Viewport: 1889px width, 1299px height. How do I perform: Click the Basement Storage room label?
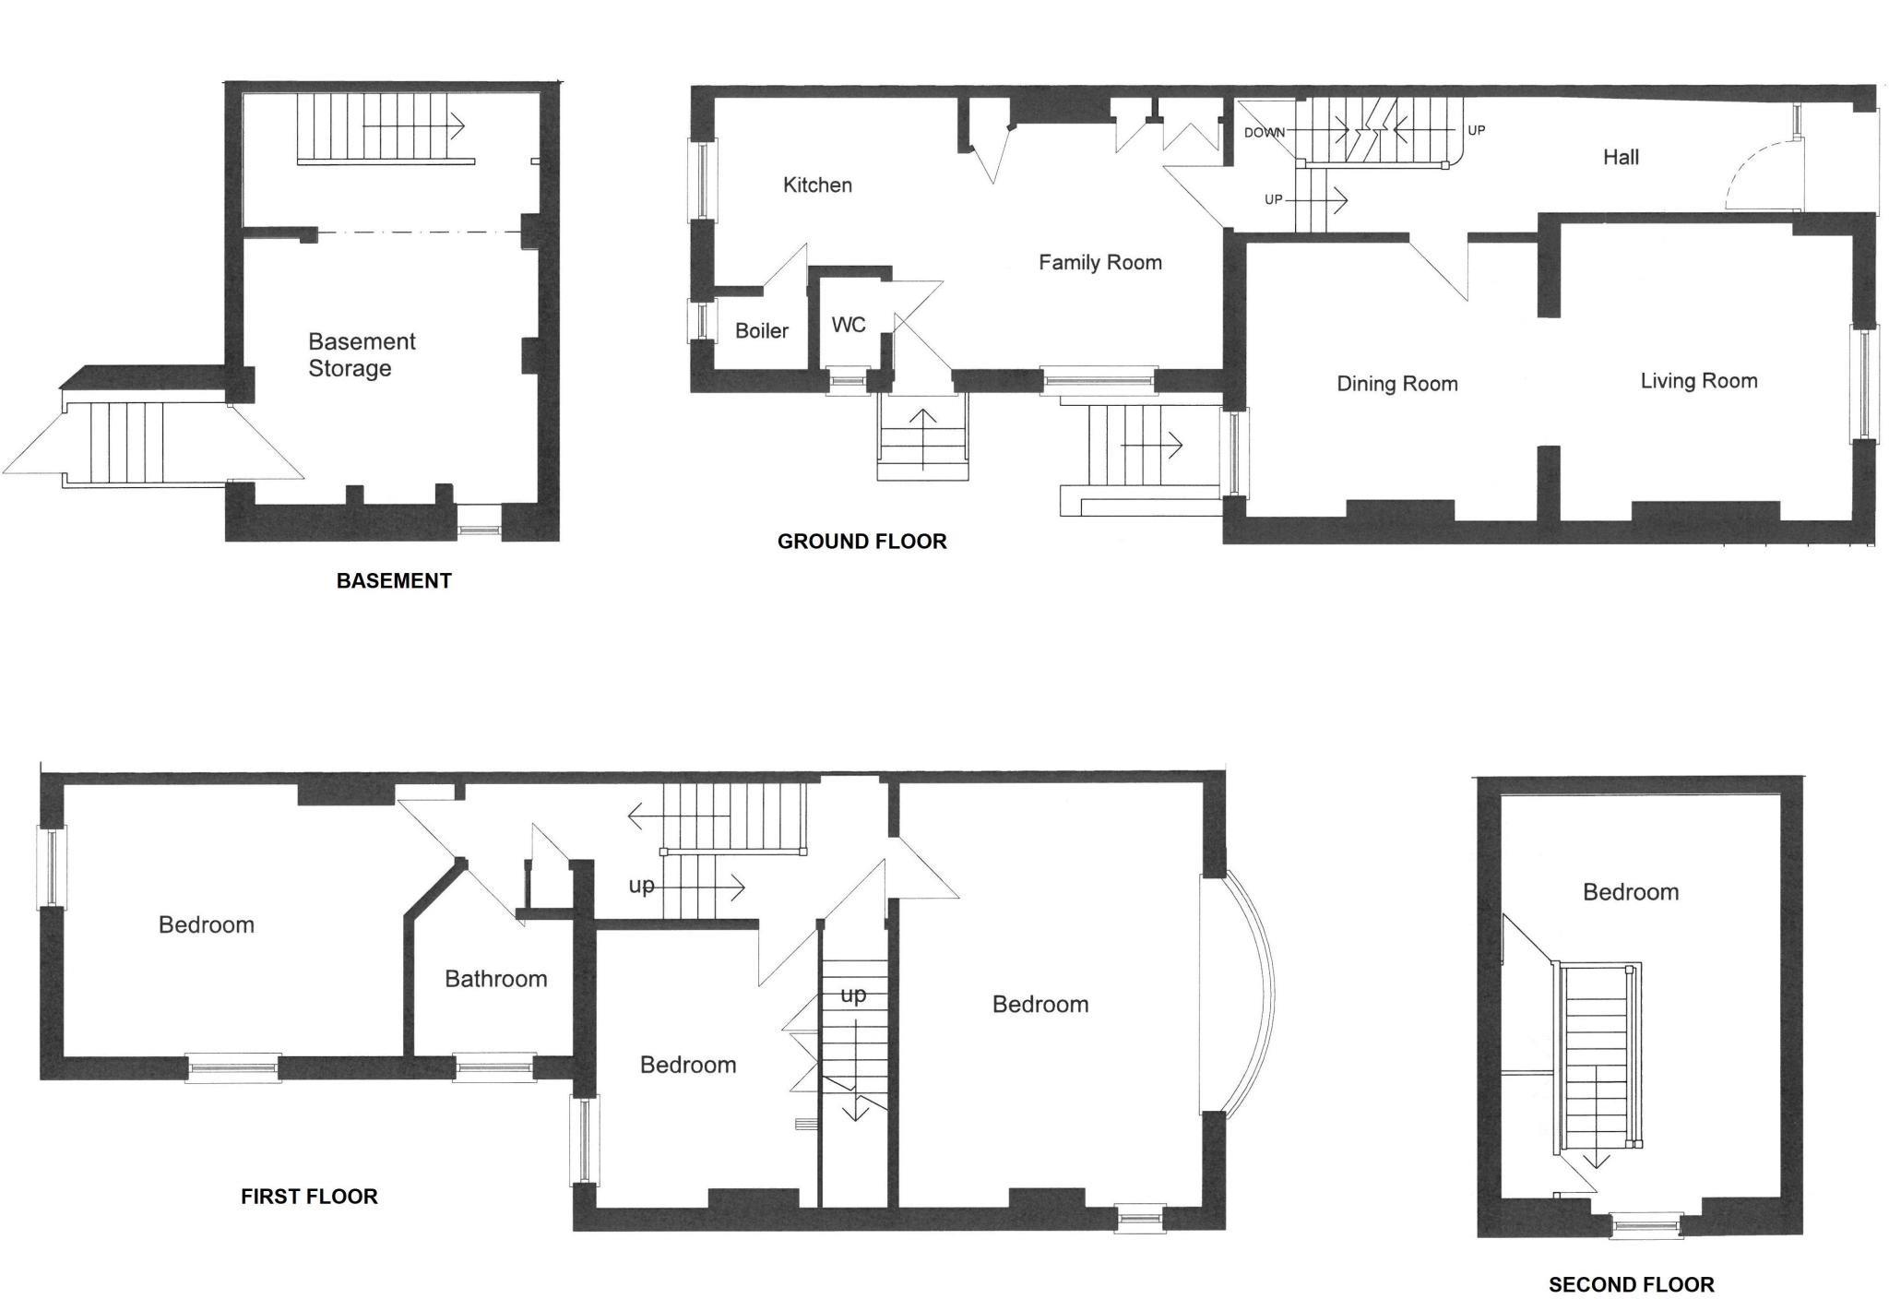(x=362, y=355)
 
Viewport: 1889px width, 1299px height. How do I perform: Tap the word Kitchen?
(x=817, y=185)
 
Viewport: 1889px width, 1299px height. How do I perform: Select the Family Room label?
(x=1100, y=263)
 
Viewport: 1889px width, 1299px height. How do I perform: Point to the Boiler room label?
(x=762, y=330)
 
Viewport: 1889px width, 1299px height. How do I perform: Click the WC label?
(x=849, y=325)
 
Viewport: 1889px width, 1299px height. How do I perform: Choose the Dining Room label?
(x=1397, y=384)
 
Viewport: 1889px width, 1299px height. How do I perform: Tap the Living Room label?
(x=1699, y=381)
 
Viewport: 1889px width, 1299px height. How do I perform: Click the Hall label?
(x=1621, y=158)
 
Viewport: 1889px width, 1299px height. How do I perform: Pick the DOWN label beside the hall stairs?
(x=1265, y=133)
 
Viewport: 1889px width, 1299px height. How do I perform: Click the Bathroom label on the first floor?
(x=496, y=979)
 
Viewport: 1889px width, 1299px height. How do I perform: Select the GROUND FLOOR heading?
(x=862, y=542)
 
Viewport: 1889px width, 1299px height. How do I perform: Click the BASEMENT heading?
(x=394, y=581)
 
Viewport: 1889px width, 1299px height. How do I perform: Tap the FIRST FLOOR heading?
(x=309, y=1197)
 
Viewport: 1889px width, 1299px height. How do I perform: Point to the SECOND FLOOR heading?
(x=1632, y=1285)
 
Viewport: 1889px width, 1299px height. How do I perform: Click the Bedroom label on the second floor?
(x=1631, y=892)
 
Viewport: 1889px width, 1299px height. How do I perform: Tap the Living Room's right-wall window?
(x=1864, y=384)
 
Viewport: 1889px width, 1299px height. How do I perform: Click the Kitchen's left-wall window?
(x=702, y=181)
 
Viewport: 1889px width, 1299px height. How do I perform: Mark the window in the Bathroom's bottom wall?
(x=494, y=1067)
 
